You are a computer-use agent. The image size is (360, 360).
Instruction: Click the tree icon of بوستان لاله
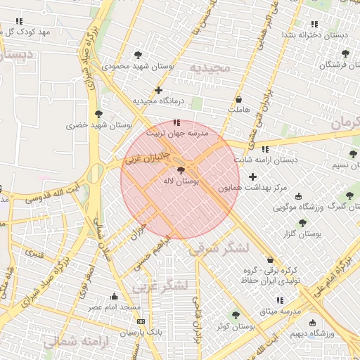[181, 170]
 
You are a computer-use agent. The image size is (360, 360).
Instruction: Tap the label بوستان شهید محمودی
[138, 66]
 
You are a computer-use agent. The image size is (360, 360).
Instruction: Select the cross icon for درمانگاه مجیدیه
[159, 90]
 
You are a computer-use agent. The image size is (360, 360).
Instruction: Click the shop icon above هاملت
[239, 100]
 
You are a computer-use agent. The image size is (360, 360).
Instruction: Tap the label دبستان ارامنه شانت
[266, 160]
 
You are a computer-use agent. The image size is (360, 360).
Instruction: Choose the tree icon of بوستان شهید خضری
[98, 114]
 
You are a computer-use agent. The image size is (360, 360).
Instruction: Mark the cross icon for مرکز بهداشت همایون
[252, 176]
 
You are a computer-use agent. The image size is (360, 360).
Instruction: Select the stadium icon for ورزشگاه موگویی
[300, 197]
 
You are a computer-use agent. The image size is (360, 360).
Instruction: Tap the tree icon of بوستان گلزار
[302, 222]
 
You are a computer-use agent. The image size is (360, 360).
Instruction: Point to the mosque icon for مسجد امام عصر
[114, 296]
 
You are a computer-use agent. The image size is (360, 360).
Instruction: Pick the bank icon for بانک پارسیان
[139, 321]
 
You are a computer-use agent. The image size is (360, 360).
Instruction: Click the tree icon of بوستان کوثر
[235, 315]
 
